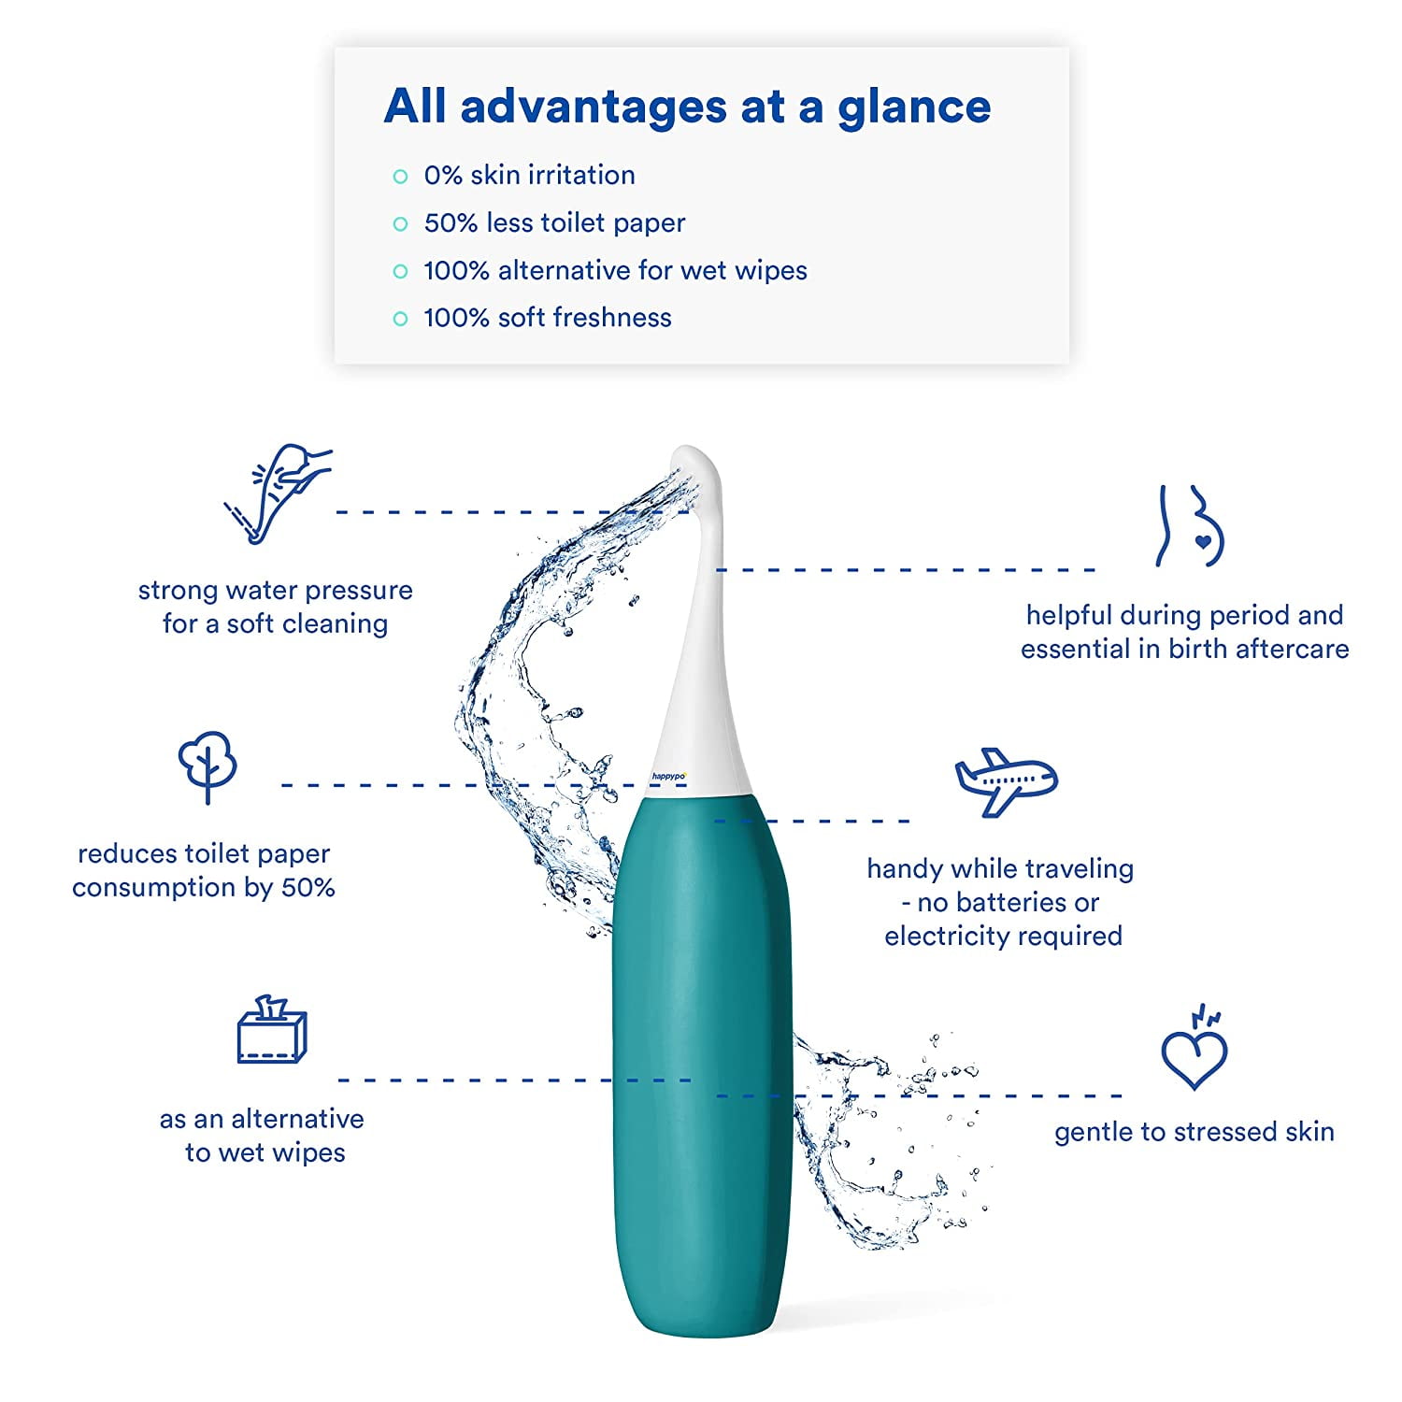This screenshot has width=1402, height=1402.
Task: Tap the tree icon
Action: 207,766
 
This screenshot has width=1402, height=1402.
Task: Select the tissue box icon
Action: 271,1030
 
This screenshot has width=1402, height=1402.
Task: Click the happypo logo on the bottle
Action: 669,776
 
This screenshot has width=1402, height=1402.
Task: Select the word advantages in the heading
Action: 594,107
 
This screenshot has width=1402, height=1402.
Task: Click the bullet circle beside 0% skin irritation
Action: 401,176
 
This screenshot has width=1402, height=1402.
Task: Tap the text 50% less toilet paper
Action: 554,222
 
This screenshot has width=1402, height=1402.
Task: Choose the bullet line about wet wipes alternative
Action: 615,270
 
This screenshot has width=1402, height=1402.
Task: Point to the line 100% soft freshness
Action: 548,318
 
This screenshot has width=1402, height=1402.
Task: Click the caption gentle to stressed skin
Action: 1195,1132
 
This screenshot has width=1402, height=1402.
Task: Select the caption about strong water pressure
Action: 276,607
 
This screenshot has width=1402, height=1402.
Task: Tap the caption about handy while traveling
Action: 1001,902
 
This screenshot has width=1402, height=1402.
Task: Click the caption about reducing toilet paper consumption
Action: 204,870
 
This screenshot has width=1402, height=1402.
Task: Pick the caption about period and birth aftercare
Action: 1185,632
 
